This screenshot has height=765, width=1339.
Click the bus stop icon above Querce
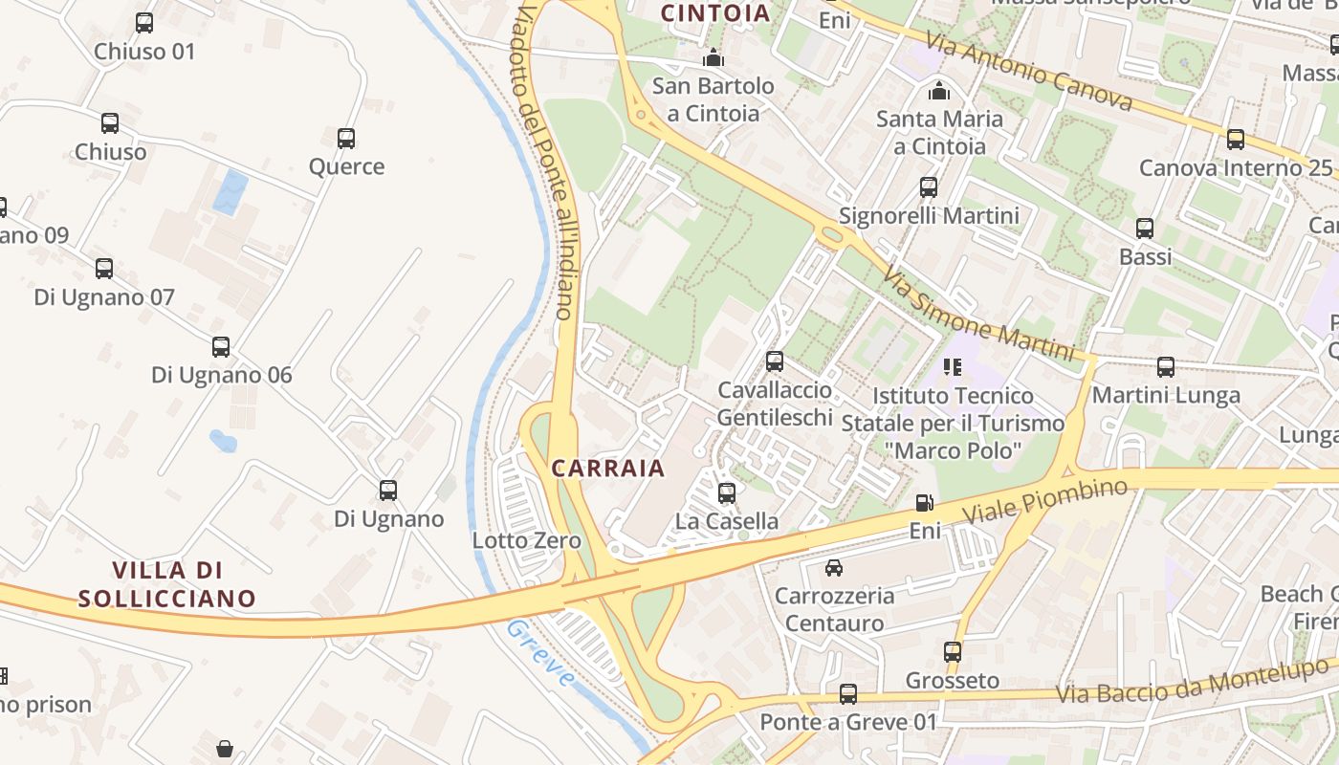346,139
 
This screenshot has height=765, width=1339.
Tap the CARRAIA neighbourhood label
607,468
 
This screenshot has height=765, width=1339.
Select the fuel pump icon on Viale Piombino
925,502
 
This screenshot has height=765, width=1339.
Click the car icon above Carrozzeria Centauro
834,568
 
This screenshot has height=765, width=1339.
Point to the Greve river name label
541,653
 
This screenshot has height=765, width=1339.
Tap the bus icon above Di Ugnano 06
221,347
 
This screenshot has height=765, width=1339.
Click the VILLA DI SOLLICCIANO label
167,584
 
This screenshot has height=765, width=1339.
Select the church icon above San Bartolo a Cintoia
713,58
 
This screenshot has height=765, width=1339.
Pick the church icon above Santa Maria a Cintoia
939,91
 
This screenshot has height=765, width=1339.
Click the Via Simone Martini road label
977,314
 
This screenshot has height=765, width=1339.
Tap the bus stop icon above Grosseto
953,652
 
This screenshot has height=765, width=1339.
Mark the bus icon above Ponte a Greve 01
848,694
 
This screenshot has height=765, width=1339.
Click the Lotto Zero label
527,541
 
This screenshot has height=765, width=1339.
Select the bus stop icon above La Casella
727,493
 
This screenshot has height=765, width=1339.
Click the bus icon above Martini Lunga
1166,367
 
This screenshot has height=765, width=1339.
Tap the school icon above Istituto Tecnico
953,367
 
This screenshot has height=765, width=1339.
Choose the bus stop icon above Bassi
1145,229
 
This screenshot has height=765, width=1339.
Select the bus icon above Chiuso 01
144,23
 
